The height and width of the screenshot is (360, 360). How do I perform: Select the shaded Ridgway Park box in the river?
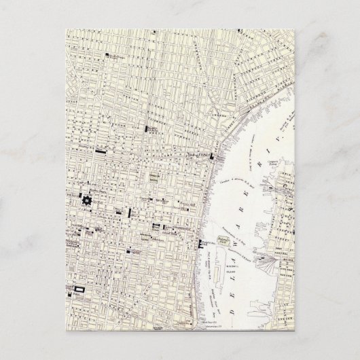221,238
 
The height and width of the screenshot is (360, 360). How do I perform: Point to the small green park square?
155,179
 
